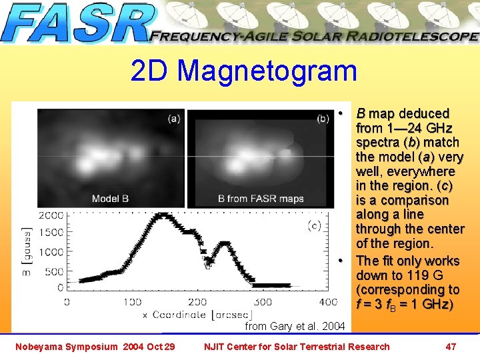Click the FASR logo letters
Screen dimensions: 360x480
77,24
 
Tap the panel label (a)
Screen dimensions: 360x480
173,119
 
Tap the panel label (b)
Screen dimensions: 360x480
323,119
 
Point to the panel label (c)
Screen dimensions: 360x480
314,226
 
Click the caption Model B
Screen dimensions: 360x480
111,199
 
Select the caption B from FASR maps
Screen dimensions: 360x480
261,199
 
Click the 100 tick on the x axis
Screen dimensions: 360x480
132,302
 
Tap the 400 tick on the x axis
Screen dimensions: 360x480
328,302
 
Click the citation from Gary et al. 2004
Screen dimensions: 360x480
295,326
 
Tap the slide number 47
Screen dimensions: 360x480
451,346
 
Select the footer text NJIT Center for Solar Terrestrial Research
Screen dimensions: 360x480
296,346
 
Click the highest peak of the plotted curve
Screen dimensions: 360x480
161,215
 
